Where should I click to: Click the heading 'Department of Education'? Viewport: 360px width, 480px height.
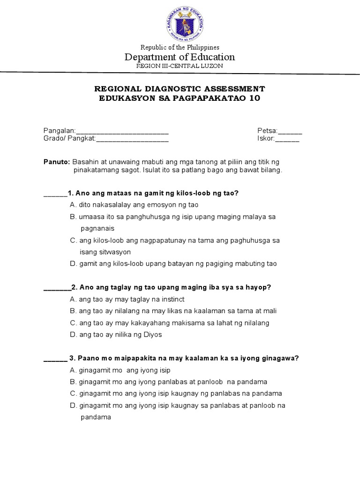tap(180, 57)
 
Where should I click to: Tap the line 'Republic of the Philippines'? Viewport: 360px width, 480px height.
tap(180, 47)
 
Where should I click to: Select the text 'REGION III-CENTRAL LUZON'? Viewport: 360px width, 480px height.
tap(180, 66)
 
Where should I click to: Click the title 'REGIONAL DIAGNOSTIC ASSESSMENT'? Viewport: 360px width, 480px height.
tap(180, 89)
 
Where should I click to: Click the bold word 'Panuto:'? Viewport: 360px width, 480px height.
tap(57, 161)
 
